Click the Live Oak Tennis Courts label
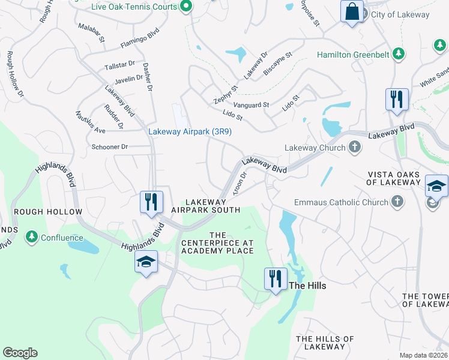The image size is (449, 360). point(134,7)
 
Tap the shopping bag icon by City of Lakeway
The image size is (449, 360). point(352,12)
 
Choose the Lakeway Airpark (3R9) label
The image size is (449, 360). point(190,131)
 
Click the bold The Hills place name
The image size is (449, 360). point(308,286)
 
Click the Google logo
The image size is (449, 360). point(20,353)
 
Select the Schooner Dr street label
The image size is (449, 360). point(110,146)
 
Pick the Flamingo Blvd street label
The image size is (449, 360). point(139,38)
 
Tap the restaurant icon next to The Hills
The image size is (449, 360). point(275,279)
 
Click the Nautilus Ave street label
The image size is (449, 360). point(91,122)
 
